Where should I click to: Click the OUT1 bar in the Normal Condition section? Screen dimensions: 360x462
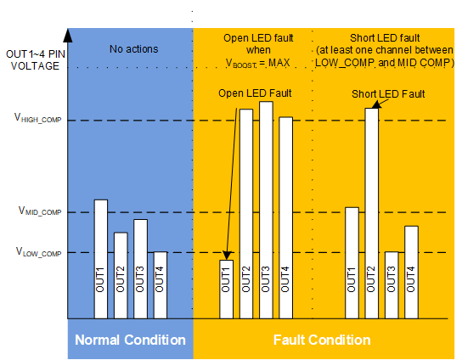tap(100, 259)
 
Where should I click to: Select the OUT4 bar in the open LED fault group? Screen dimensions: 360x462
tap(285, 217)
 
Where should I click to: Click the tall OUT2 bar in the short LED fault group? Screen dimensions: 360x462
tap(371, 212)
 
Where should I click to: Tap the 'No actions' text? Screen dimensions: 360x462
tap(133, 49)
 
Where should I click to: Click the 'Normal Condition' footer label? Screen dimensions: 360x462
tap(130, 340)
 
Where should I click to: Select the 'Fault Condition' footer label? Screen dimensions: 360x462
tap(322, 340)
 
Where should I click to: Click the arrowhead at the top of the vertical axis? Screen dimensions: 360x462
tap(68, 34)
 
